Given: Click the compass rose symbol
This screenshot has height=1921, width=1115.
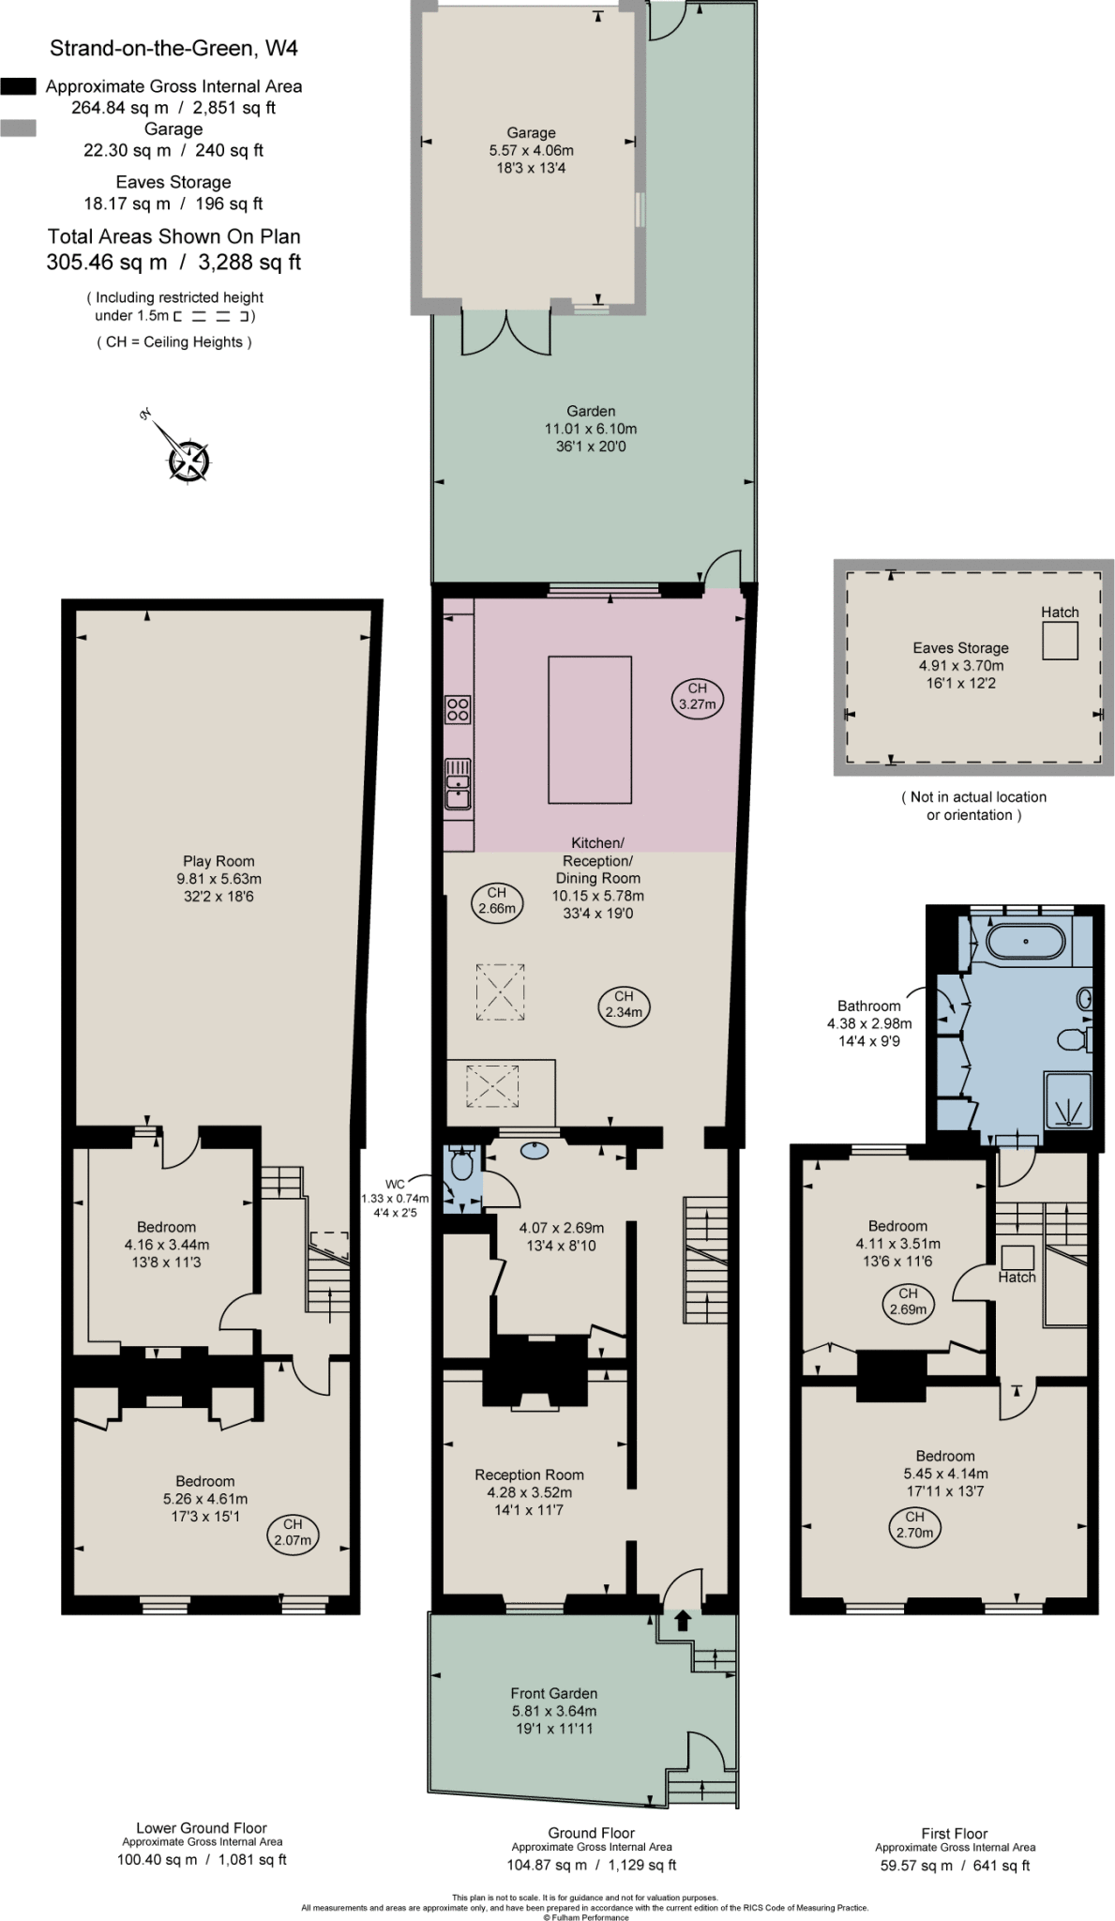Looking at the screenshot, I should [188, 460].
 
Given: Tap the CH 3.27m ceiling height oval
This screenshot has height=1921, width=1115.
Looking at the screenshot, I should [697, 696].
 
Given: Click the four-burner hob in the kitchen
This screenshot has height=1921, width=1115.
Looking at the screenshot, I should [458, 709].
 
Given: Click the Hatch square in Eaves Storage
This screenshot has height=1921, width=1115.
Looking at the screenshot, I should [1060, 642].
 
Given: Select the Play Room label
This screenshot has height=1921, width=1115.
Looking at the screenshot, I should [218, 861].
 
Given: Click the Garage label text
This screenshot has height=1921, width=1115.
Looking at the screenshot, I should [531, 133].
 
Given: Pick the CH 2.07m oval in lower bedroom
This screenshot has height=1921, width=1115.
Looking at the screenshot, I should [293, 1532].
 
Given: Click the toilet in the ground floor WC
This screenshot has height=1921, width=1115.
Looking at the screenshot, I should [460, 1166].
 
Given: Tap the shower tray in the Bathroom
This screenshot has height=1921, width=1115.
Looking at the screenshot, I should [1069, 1101].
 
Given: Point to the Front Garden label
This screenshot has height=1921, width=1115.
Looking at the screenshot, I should [553, 1693].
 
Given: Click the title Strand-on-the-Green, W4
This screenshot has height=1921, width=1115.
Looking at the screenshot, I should [173, 48].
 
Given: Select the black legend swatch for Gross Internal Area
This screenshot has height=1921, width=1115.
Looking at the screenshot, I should [19, 86].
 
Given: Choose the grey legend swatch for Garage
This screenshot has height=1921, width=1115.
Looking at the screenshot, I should [19, 129].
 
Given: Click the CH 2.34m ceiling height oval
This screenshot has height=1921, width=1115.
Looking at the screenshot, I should [624, 1005].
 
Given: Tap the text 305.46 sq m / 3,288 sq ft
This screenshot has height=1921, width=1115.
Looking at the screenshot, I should [173, 262].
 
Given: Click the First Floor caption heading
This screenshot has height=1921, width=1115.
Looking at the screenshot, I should [954, 1833].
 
